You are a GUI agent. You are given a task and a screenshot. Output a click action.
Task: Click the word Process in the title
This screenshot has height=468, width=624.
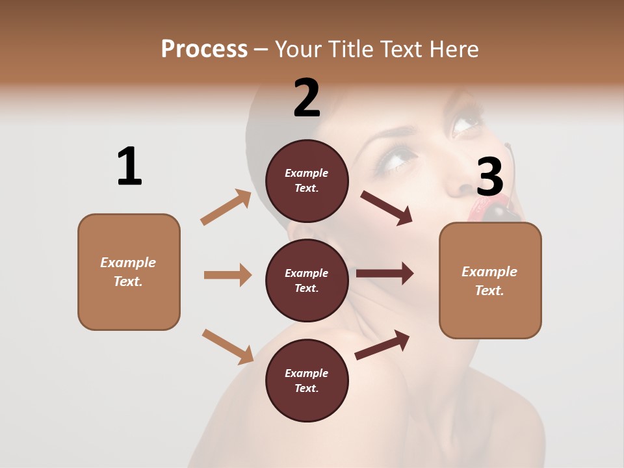[x=204, y=49]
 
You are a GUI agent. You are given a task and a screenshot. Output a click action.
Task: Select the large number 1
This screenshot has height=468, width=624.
[x=129, y=166]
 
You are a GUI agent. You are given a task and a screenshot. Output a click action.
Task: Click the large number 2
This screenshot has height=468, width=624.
[x=307, y=98]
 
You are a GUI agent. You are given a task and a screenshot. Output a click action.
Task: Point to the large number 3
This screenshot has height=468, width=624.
[x=490, y=177]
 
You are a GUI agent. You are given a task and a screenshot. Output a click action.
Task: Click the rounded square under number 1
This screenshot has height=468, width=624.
[x=129, y=272]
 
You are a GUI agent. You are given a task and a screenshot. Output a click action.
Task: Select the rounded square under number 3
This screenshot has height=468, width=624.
[x=490, y=281]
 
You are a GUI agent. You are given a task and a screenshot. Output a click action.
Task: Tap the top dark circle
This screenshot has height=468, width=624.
[x=307, y=181]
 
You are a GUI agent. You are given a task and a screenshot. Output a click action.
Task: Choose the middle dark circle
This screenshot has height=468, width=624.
[x=307, y=280]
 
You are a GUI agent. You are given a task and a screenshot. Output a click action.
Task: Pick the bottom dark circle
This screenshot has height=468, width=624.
[x=307, y=380]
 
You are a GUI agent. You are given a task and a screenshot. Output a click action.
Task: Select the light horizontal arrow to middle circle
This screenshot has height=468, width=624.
[x=227, y=275]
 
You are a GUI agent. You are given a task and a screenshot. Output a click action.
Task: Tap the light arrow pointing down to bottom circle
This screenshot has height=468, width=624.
[x=227, y=346]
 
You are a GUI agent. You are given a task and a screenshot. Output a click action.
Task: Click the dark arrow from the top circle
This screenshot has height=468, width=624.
[x=387, y=208]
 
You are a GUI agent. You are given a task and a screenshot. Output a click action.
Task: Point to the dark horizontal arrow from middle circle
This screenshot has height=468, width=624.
[x=385, y=273]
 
